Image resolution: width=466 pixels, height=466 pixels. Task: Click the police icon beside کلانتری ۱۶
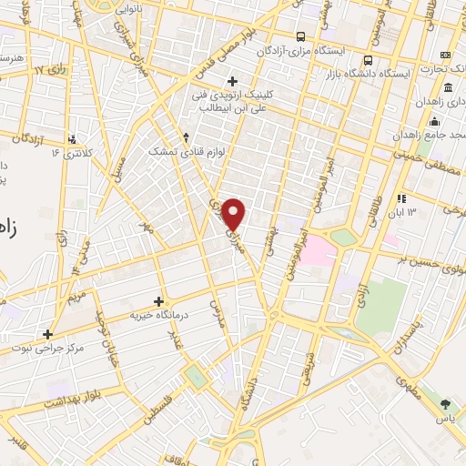tap(72, 139)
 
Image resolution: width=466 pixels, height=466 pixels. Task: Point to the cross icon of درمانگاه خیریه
tap(159, 301)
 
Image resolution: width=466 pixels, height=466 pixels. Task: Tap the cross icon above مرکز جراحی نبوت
tap(47, 333)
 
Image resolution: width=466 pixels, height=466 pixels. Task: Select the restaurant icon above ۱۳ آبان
tap(400, 198)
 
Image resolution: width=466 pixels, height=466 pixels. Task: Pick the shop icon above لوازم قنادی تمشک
tap(186, 137)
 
